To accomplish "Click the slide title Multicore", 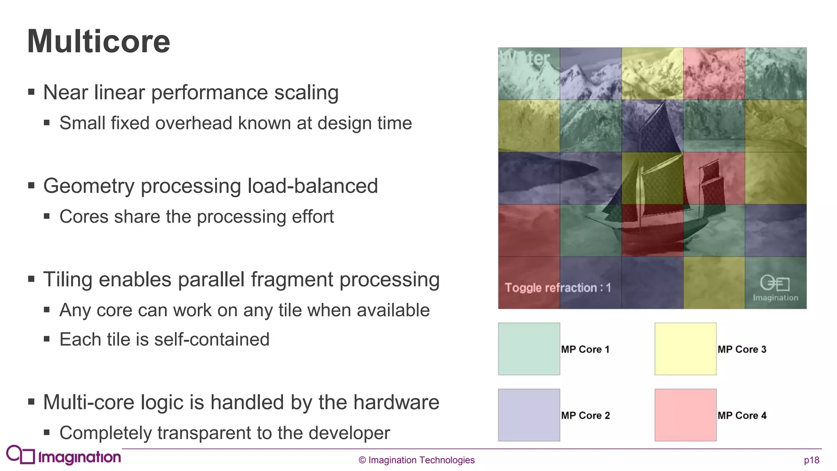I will pyautogui.click(x=98, y=41).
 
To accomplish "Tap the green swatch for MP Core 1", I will pyautogui.click(x=529, y=349).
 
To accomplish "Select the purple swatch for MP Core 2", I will pyautogui.click(x=529, y=415).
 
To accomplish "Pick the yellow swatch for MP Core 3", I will pyautogui.click(x=685, y=349).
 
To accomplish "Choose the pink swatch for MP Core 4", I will pyautogui.click(x=685, y=415).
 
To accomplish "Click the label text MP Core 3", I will pyautogui.click(x=742, y=350).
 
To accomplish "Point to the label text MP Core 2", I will pyautogui.click(x=585, y=416).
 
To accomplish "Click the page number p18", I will pyautogui.click(x=811, y=460).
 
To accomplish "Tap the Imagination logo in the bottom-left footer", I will pyautogui.click(x=64, y=455).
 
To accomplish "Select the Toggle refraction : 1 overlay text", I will pyautogui.click(x=557, y=288).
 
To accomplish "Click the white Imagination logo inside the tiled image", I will pyautogui.click(x=775, y=288).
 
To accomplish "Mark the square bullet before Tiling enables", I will pyautogui.click(x=31, y=279).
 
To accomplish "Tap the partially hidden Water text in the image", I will pyautogui.click(x=526, y=58).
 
